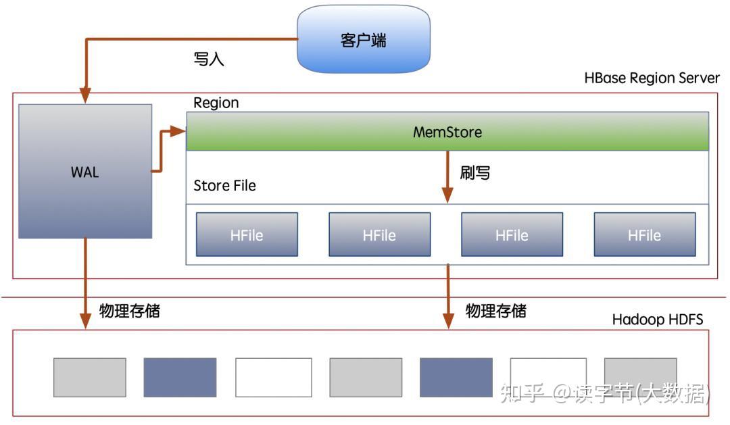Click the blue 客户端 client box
tap(363, 39)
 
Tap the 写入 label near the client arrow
tap(208, 59)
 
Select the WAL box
tap(85, 172)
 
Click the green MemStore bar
tap(447, 132)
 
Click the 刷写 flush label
tap(475, 173)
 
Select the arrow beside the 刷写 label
tap(447, 176)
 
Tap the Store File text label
tap(224, 186)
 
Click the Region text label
tap(216, 103)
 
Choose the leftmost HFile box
tap(247, 235)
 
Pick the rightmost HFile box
tap(644, 235)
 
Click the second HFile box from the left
tap(379, 235)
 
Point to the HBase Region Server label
tap(652, 78)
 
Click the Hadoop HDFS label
tap(657, 320)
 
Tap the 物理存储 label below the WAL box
tap(130, 311)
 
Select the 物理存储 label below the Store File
tap(496, 311)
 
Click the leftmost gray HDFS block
tap(90, 377)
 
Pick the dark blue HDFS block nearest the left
tap(180, 377)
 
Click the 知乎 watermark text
tap(522, 393)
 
